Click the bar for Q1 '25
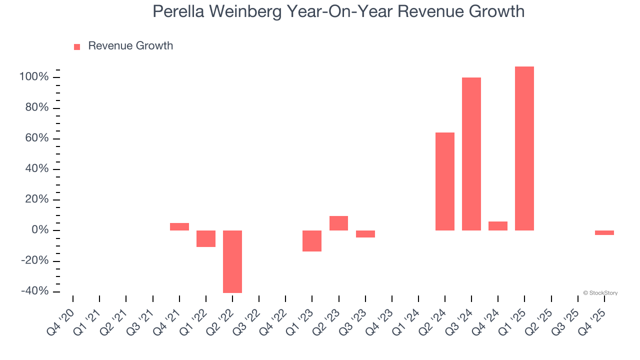524,148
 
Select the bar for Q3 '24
471,154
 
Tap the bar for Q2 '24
445,181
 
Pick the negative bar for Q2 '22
232,261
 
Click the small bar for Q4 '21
179,226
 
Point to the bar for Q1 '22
206,238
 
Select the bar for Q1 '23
312,241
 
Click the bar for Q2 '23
338,223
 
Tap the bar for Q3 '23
365,234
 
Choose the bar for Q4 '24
498,226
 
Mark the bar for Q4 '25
604,232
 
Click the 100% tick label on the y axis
34,77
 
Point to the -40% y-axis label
34,291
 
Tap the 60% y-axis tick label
36,138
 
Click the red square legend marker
77,46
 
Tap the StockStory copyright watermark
600,293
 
